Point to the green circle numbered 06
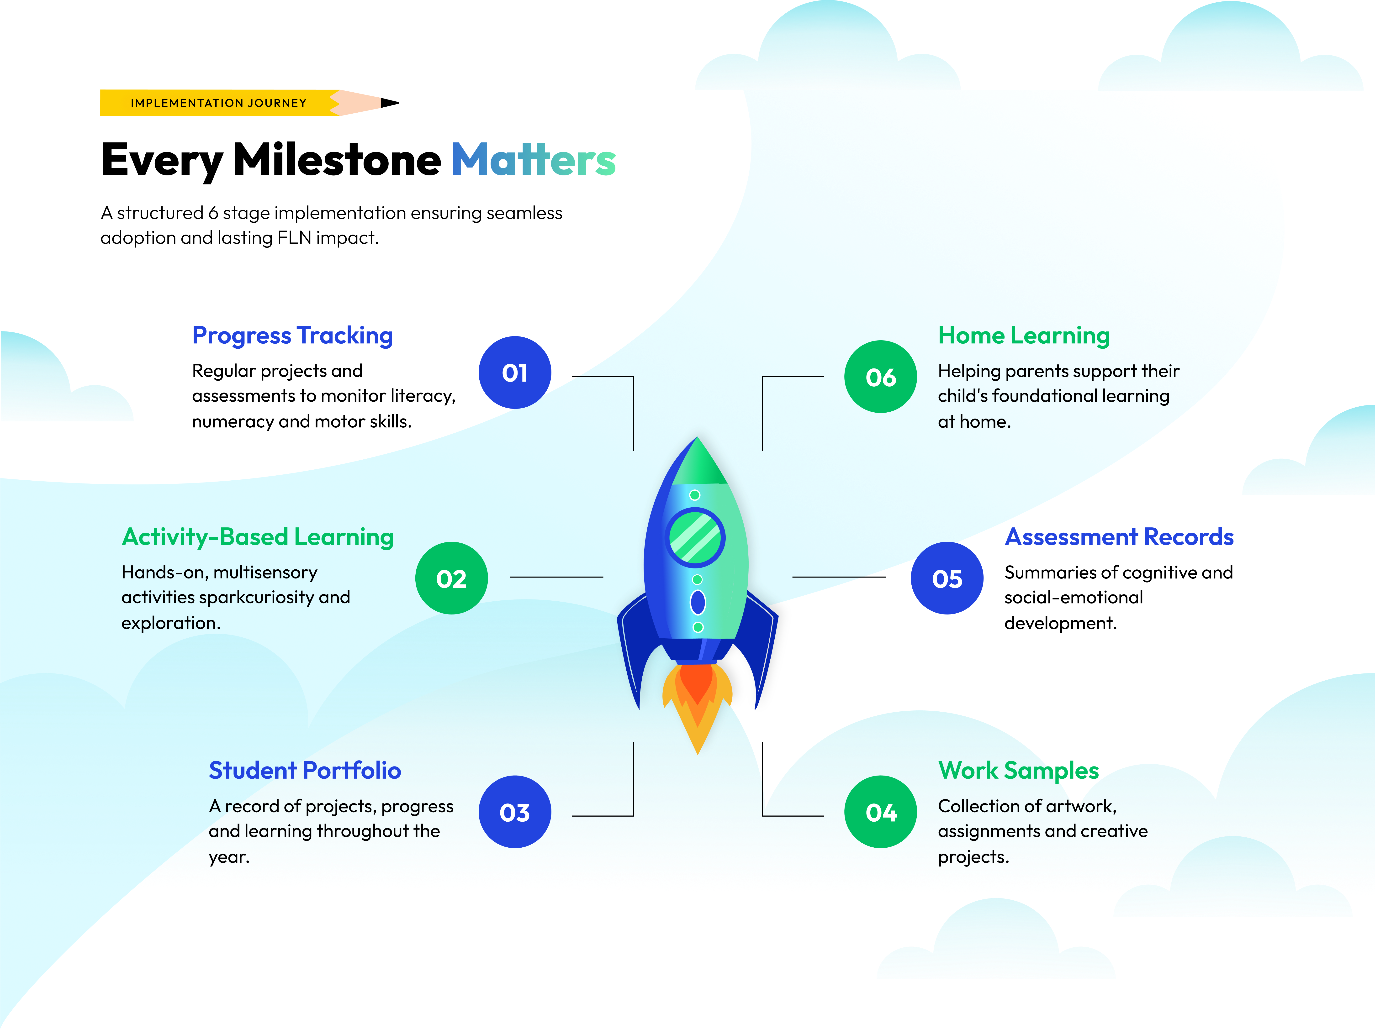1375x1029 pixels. (x=880, y=377)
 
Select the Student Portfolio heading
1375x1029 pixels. (x=305, y=771)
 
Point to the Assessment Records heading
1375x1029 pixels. (x=1119, y=537)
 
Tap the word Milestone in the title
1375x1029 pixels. (x=337, y=160)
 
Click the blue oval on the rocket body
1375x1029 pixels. (x=698, y=602)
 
